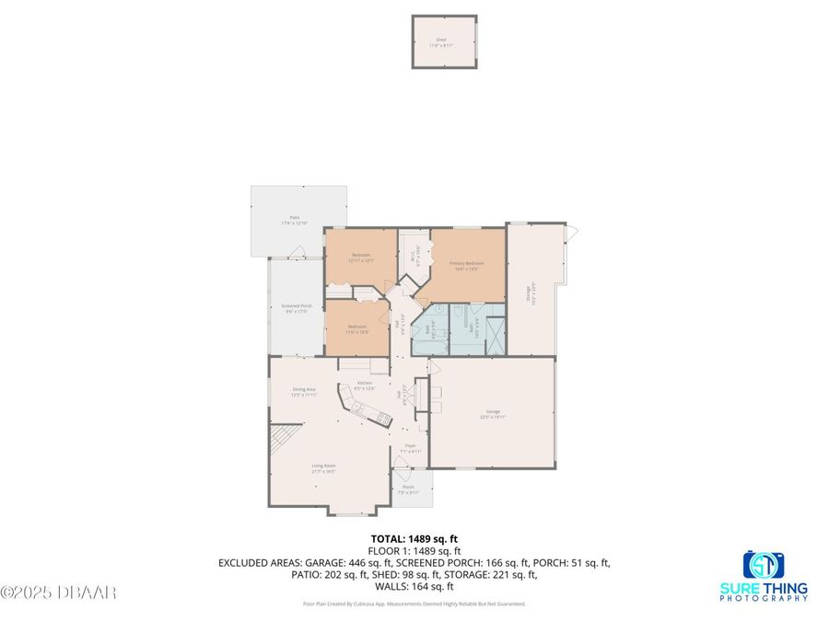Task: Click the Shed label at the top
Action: (x=440, y=40)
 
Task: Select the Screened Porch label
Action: (x=295, y=309)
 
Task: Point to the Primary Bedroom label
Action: (x=467, y=265)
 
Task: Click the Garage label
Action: (x=493, y=414)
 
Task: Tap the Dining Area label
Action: (x=304, y=391)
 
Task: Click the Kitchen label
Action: (x=364, y=385)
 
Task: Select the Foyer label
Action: (x=411, y=448)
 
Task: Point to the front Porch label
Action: (x=408, y=489)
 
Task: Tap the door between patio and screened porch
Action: (x=296, y=252)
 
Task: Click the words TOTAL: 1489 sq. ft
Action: (x=414, y=538)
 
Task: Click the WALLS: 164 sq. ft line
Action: (x=414, y=586)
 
